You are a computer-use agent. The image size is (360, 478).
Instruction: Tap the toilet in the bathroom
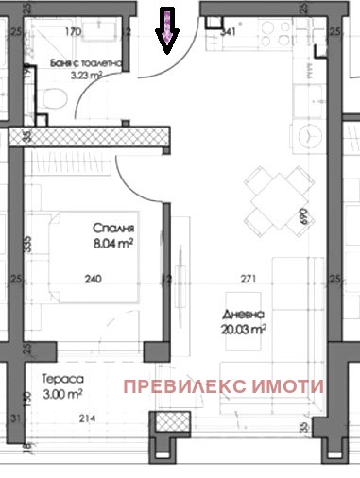55,97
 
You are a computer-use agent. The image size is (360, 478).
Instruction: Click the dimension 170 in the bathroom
72,31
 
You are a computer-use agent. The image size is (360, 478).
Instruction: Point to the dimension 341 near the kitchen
227,32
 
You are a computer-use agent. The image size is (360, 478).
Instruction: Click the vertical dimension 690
305,216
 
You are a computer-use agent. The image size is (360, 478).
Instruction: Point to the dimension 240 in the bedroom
93,279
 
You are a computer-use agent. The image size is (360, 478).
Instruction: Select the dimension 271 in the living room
249,279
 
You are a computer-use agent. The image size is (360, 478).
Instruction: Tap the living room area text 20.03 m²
245,329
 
